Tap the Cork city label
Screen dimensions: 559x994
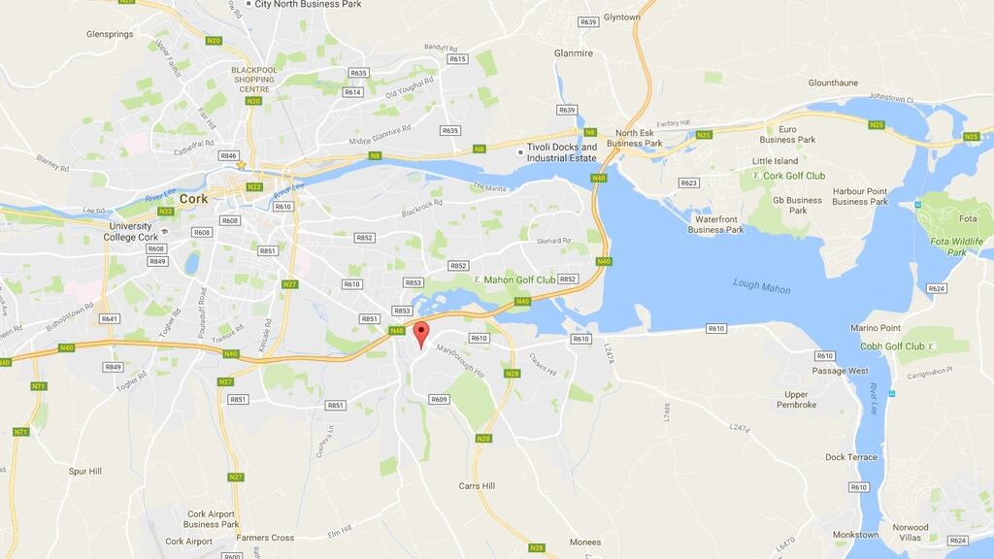[193, 197]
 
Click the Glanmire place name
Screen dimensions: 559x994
[573, 53]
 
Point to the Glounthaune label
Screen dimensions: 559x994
[833, 82]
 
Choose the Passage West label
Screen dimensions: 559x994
[841, 371]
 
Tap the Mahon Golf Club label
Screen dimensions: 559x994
[520, 279]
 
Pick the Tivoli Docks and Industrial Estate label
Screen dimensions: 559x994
[562, 152]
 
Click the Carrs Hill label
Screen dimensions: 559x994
[477, 486]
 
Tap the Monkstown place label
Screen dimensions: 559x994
[855, 535]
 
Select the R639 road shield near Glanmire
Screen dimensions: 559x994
[567, 110]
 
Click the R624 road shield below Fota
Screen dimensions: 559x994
[937, 288]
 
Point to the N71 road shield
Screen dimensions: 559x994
[39, 386]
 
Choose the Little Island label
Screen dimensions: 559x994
[775, 161]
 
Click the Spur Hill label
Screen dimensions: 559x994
[85, 471]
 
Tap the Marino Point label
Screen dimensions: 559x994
[876, 328]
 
